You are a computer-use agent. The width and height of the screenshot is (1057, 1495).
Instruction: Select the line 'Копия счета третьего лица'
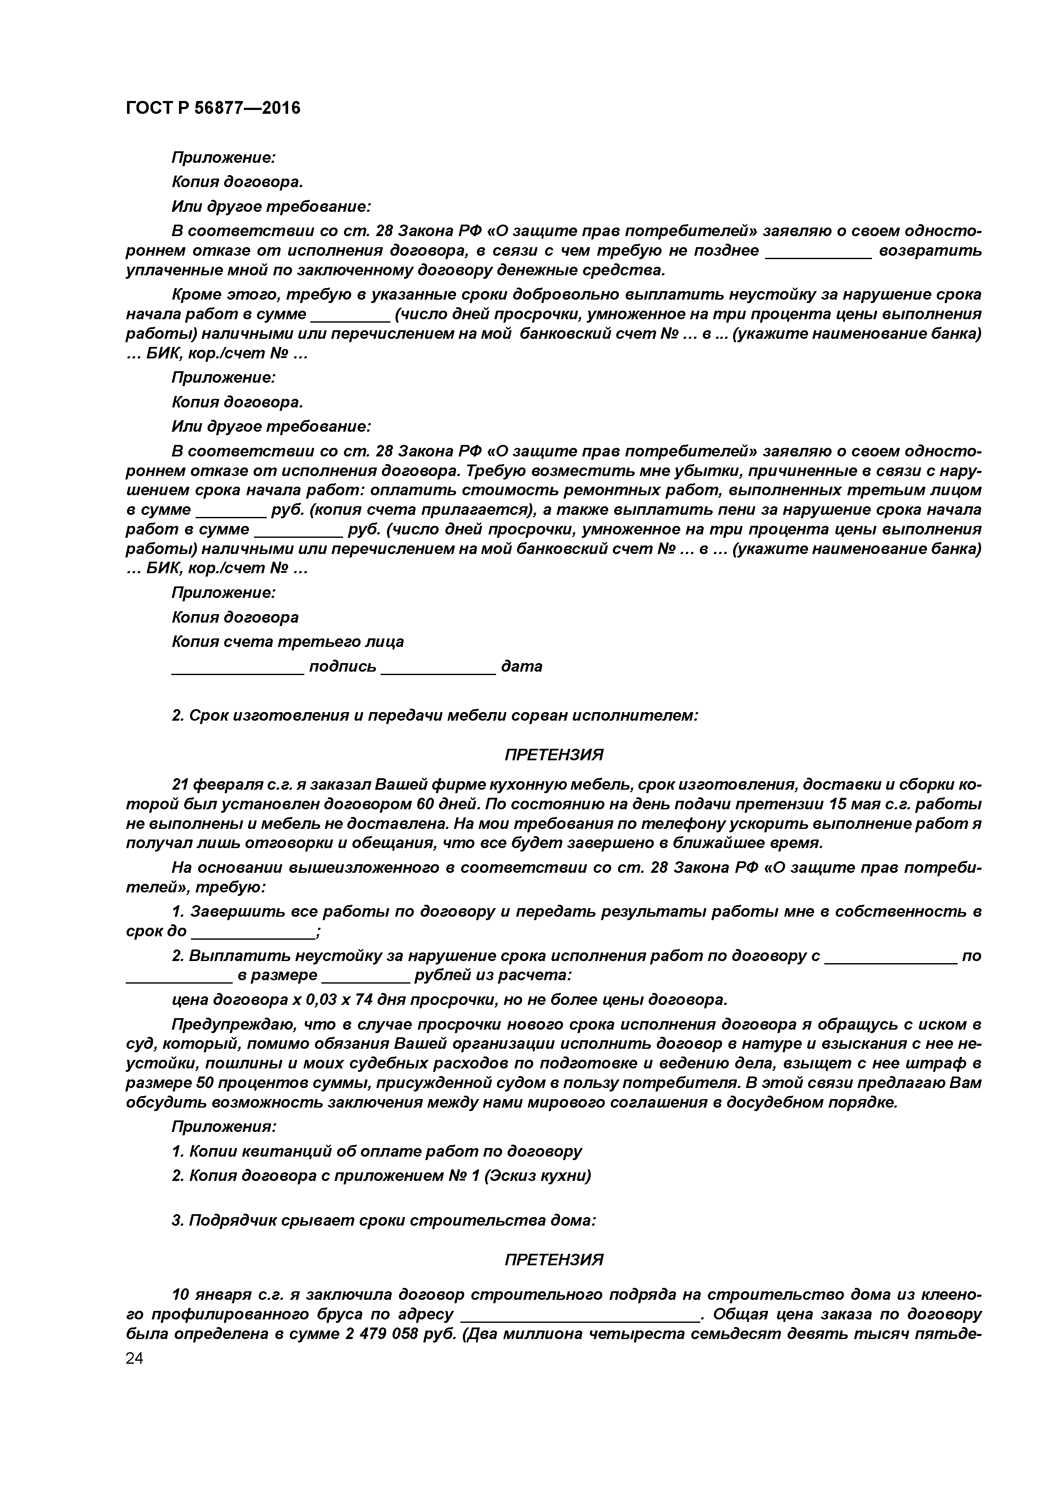click(x=287, y=642)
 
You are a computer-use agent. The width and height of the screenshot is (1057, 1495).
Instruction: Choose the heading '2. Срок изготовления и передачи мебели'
click(x=434, y=716)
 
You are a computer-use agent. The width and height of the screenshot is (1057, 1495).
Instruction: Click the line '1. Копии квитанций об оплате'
click(x=376, y=1151)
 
